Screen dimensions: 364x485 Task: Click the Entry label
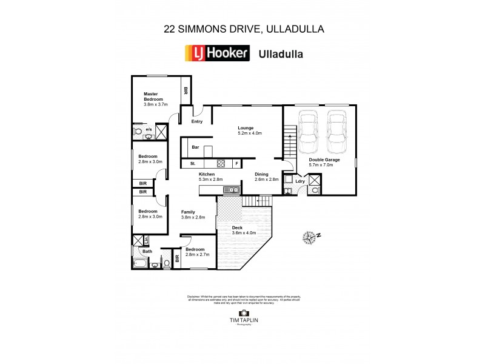click(196, 121)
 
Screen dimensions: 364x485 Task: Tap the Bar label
click(195, 147)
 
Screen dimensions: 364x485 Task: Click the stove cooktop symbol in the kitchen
click(221, 163)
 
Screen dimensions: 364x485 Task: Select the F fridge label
click(236, 163)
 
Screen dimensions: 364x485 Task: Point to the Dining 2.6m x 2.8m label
click(266, 177)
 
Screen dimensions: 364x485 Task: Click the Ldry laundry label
click(299, 180)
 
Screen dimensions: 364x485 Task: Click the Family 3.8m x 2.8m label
click(193, 214)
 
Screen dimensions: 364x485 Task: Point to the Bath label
click(147, 251)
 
